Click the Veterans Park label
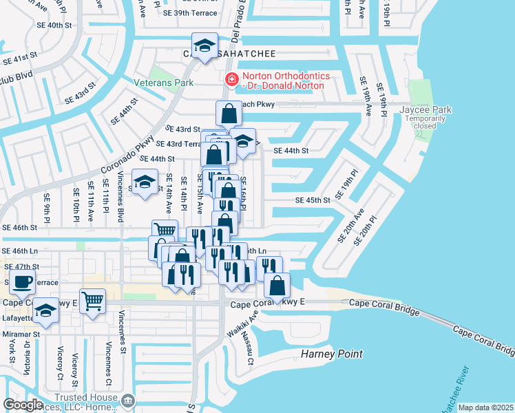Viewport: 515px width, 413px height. click(x=164, y=82)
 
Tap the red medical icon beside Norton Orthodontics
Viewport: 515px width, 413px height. click(x=232, y=80)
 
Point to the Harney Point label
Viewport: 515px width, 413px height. click(x=332, y=354)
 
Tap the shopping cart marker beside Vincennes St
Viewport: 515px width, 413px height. click(x=92, y=299)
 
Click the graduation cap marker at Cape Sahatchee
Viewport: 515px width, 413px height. click(x=204, y=45)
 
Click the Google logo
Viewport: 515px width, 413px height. click(x=23, y=405)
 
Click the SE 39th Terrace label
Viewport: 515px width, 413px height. click(x=190, y=13)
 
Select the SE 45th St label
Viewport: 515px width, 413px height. click(x=313, y=200)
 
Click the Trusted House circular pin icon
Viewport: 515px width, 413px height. click(x=127, y=401)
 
